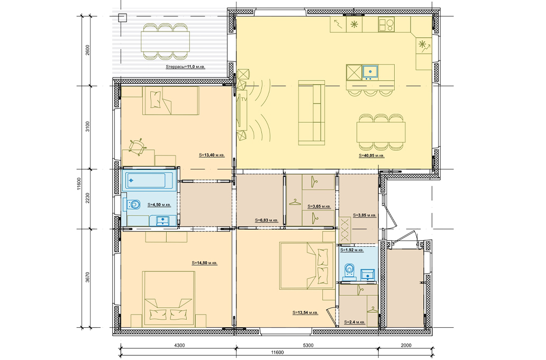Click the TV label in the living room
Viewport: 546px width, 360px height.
(x=244, y=100)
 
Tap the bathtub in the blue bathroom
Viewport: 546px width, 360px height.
(x=150, y=181)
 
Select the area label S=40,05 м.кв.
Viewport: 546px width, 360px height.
(x=371, y=156)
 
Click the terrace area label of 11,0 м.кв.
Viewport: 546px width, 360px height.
(x=185, y=67)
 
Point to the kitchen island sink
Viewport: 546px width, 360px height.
(x=371, y=71)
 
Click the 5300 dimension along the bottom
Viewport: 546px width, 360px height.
(x=308, y=345)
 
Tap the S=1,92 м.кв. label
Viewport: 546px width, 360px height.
(x=352, y=250)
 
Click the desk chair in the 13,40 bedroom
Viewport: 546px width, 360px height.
(x=136, y=147)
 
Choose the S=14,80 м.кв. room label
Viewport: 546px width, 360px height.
(x=204, y=263)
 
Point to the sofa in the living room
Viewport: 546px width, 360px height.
(x=311, y=112)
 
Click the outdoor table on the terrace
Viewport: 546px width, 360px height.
(x=166, y=41)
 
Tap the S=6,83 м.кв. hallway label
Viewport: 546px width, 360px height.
(x=266, y=220)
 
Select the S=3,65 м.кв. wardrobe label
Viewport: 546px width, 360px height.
(x=319, y=206)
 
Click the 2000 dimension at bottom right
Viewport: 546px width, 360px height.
(x=406, y=345)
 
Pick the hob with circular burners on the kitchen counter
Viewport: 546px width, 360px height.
(x=387, y=24)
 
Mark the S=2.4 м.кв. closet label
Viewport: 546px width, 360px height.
(x=354, y=322)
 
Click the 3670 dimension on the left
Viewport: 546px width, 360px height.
(x=87, y=278)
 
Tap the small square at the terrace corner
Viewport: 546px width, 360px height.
(x=122, y=18)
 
